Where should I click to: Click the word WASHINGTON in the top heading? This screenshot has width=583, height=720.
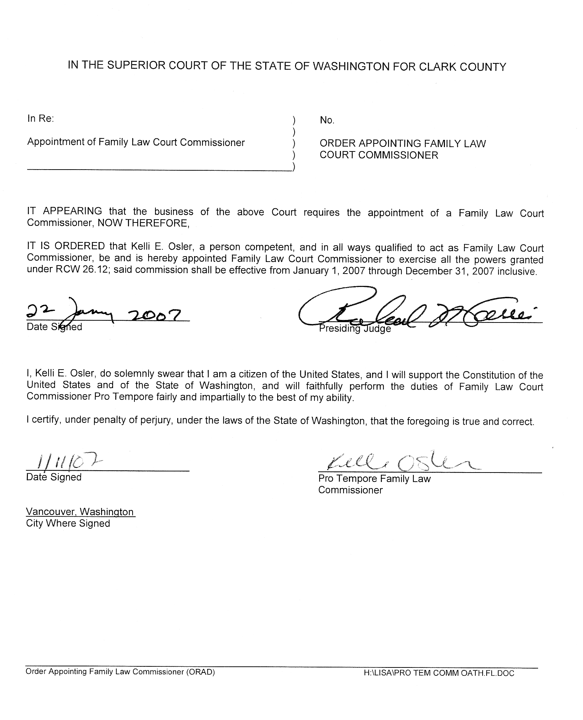click(346, 66)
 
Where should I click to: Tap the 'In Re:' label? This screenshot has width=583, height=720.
click(41, 118)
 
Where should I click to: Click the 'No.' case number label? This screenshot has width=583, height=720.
click(327, 120)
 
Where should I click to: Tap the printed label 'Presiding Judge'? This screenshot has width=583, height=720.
click(354, 329)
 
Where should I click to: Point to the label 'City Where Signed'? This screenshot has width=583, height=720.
click(68, 523)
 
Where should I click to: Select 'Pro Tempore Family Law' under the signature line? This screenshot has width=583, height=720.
click(374, 479)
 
